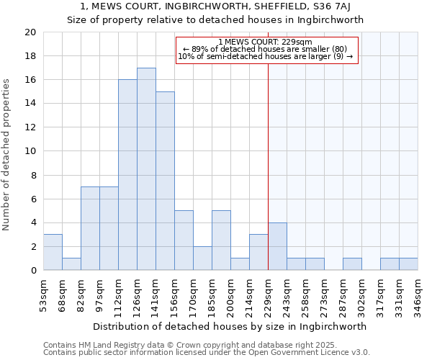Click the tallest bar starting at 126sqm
(146, 169)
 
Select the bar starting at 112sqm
(127, 175)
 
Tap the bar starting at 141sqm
(165, 181)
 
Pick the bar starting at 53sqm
(53, 252)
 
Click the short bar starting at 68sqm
(71, 264)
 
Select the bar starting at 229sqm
(277, 246)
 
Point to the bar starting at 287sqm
(352, 264)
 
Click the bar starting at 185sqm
(221, 240)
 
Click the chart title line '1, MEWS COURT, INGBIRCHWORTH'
(216, 7)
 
